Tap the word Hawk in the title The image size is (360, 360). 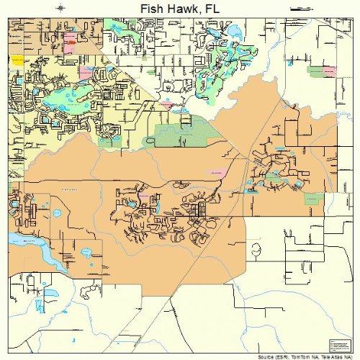tap(172, 8)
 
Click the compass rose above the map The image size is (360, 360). tap(60, 8)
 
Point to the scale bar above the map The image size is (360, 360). tap(300, 8)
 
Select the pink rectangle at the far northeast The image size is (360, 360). tap(330, 71)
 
